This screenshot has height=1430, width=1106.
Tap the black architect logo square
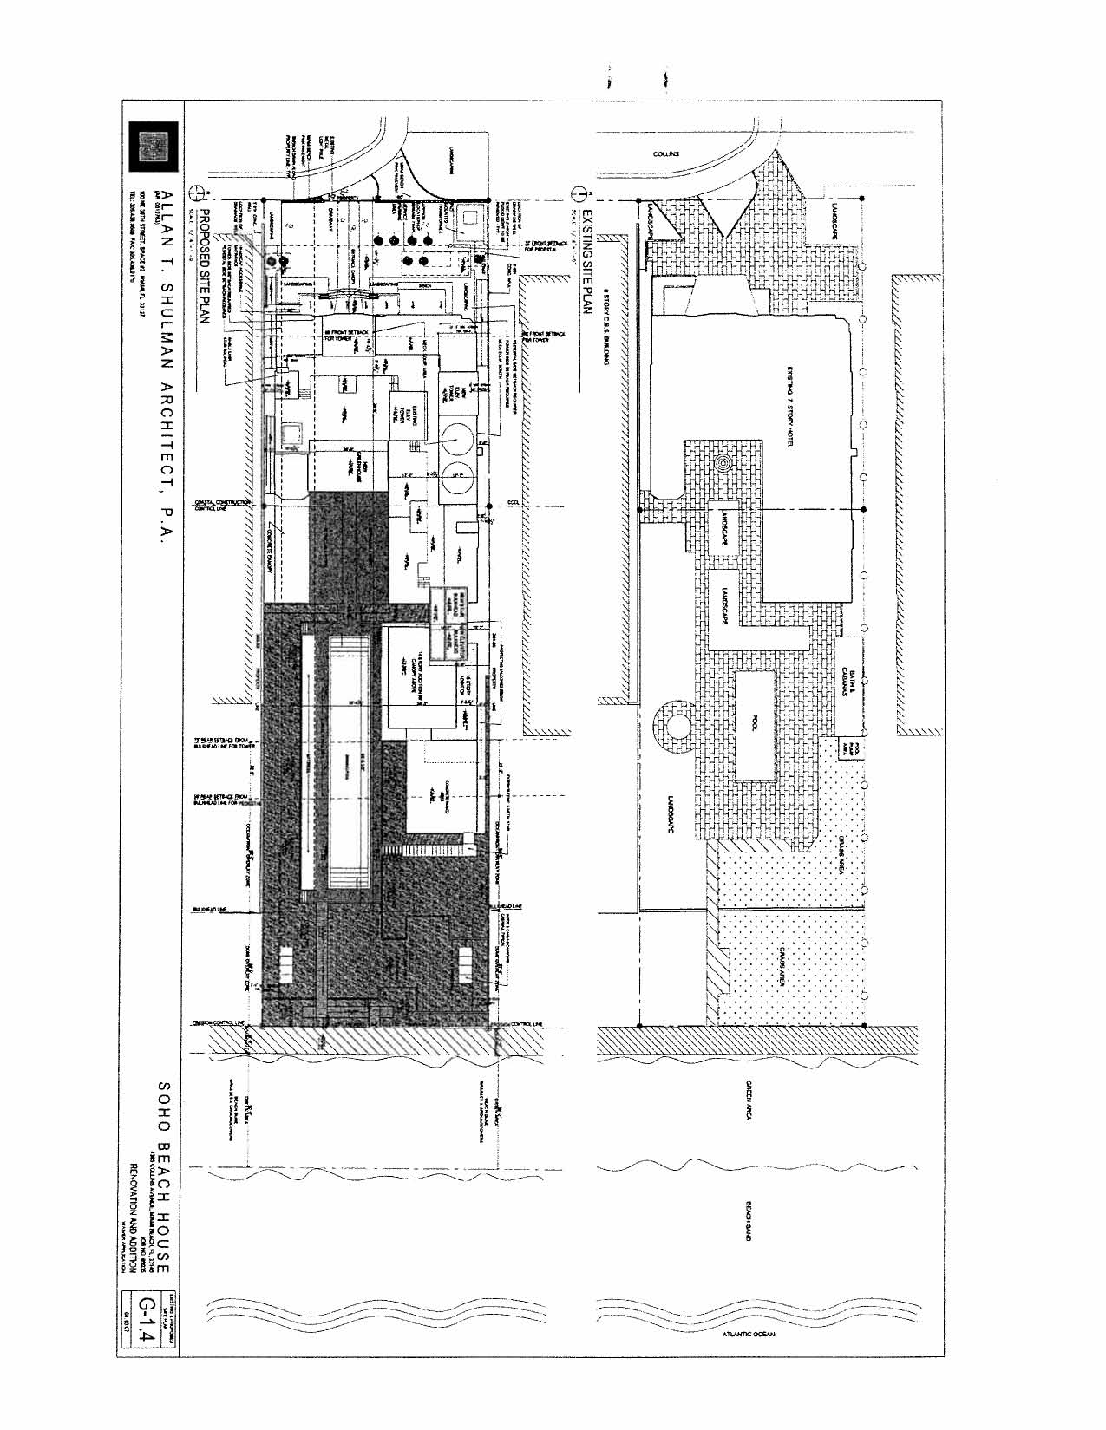154,147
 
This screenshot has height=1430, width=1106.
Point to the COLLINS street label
666,154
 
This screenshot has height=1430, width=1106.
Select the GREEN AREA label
749,1100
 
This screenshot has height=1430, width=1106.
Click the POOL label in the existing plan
755,722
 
